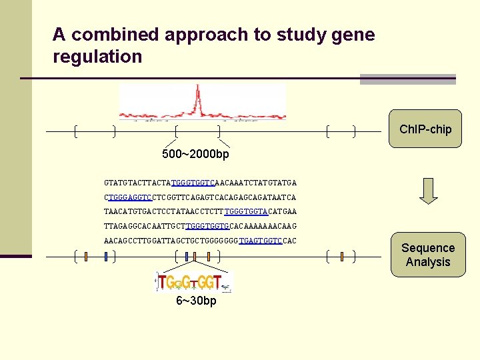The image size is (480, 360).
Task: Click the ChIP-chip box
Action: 425,129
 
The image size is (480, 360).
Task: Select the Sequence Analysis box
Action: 427,255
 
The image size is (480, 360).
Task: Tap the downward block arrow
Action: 429,191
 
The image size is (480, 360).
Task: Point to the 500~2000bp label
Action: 195,154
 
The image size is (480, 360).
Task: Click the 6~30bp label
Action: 196,301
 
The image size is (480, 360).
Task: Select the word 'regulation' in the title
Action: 97,57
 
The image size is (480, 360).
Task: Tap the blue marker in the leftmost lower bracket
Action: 105,256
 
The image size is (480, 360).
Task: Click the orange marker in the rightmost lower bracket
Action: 341,256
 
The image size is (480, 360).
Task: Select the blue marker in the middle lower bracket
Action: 187,256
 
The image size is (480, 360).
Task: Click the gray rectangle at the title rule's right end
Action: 407,79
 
